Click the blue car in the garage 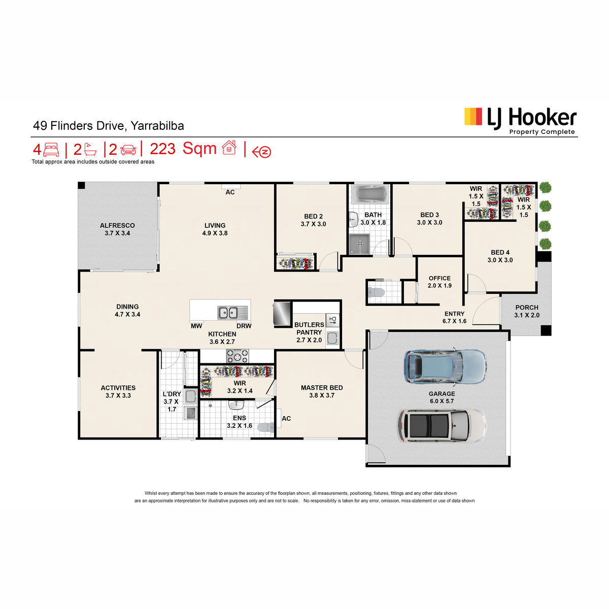point(445,366)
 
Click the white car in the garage point(442,425)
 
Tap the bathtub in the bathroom point(369,193)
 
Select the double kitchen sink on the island point(232,313)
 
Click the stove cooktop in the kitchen point(238,356)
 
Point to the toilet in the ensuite point(266,428)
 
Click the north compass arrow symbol point(261,152)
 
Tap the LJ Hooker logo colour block point(473,116)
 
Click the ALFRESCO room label point(117,225)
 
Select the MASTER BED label point(322,387)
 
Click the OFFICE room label point(439,278)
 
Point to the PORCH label point(526,307)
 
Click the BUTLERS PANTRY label point(309,328)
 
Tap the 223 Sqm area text point(183,149)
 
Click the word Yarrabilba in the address point(157,126)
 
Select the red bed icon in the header point(51,150)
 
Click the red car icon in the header point(128,150)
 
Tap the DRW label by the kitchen point(244,326)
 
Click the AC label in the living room point(230,192)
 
